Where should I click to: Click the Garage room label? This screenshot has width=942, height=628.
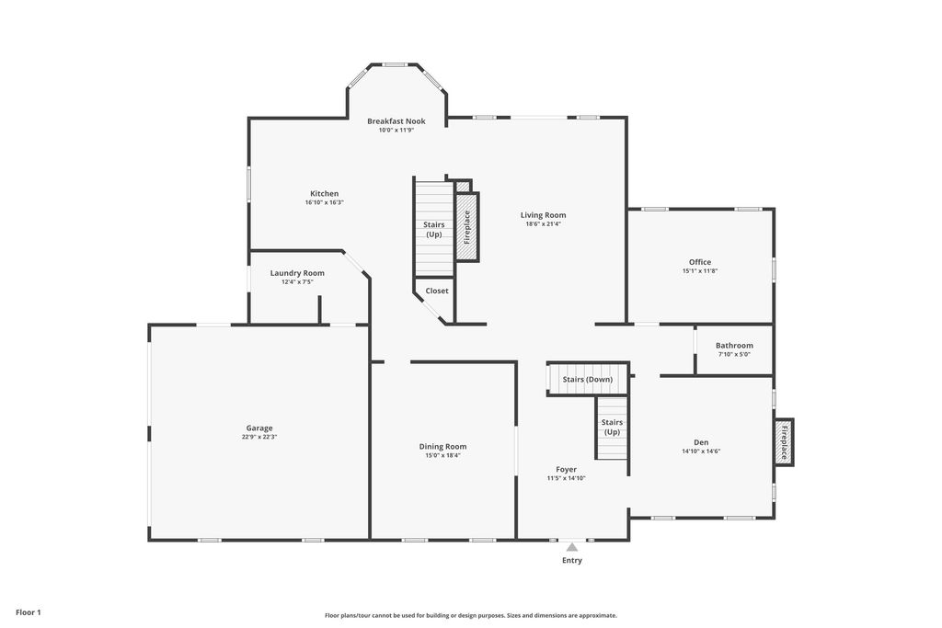pos(259,428)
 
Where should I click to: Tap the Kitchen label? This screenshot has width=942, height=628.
pos(325,193)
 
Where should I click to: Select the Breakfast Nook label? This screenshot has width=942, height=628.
pos(396,121)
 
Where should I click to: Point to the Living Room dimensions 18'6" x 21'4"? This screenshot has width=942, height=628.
pos(543,224)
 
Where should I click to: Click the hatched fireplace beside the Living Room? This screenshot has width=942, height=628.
pos(466,226)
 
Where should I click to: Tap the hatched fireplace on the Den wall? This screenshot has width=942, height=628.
pos(784,441)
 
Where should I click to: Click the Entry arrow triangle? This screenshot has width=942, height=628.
pos(572,547)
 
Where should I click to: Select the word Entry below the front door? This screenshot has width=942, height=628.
pos(572,560)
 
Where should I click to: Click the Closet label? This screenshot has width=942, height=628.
pos(437,291)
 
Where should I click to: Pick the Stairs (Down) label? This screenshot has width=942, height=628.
pos(588,380)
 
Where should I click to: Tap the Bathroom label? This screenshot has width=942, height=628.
pos(734,345)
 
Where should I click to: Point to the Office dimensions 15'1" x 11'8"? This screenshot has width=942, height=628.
pos(700,270)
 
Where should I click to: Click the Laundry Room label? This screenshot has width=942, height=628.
pos(297,273)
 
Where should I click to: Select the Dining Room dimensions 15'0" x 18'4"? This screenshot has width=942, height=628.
pos(442,455)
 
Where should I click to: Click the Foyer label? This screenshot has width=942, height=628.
pos(566,470)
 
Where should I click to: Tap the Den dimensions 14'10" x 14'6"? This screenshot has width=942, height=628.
pos(701,451)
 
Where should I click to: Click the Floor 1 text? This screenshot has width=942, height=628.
pos(29,612)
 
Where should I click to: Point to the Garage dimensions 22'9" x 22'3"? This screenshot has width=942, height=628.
pos(259,437)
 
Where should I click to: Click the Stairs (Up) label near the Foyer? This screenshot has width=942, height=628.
pos(612,427)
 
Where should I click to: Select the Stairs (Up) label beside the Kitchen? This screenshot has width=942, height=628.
pos(434,229)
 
